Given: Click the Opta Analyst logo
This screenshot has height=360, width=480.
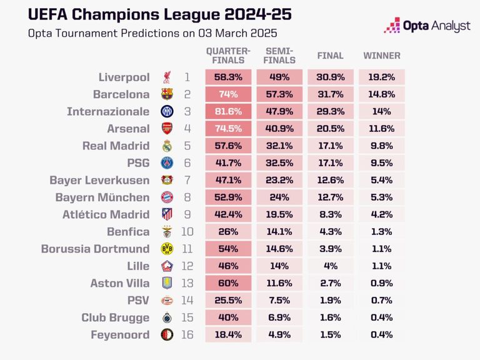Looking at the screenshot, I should tap(426, 26).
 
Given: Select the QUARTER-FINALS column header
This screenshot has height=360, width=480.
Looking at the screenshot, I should tap(228, 56).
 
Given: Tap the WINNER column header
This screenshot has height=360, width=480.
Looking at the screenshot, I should tap(382, 56).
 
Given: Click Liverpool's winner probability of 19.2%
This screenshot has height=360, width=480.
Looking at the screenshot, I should tap(382, 77).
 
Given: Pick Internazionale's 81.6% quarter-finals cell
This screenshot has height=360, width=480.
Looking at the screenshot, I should tap(228, 112).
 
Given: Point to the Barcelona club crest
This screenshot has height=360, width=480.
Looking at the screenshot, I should tap(167, 95).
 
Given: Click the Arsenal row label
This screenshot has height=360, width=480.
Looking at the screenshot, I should tap(124, 129).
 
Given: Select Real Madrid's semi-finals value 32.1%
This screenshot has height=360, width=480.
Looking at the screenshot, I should tap(279, 146).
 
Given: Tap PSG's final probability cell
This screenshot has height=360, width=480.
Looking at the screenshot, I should tap(331, 163).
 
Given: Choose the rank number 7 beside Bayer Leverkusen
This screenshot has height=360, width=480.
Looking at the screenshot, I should tap(187, 181).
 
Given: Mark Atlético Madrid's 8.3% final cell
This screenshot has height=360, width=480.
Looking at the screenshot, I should tap(331, 214).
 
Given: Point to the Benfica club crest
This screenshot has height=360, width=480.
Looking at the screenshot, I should tap(167, 232).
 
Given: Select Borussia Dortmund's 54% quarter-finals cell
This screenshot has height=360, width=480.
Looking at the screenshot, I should tap(228, 249).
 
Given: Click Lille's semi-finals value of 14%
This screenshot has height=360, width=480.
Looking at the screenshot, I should tap(279, 266).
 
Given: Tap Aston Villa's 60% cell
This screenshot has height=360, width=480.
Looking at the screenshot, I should tap(228, 283).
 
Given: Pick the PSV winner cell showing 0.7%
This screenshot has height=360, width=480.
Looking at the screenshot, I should tap(382, 301).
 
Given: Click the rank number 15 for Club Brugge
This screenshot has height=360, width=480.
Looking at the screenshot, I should tap(187, 317).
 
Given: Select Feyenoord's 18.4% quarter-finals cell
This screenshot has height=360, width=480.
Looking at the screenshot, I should tap(228, 334).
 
